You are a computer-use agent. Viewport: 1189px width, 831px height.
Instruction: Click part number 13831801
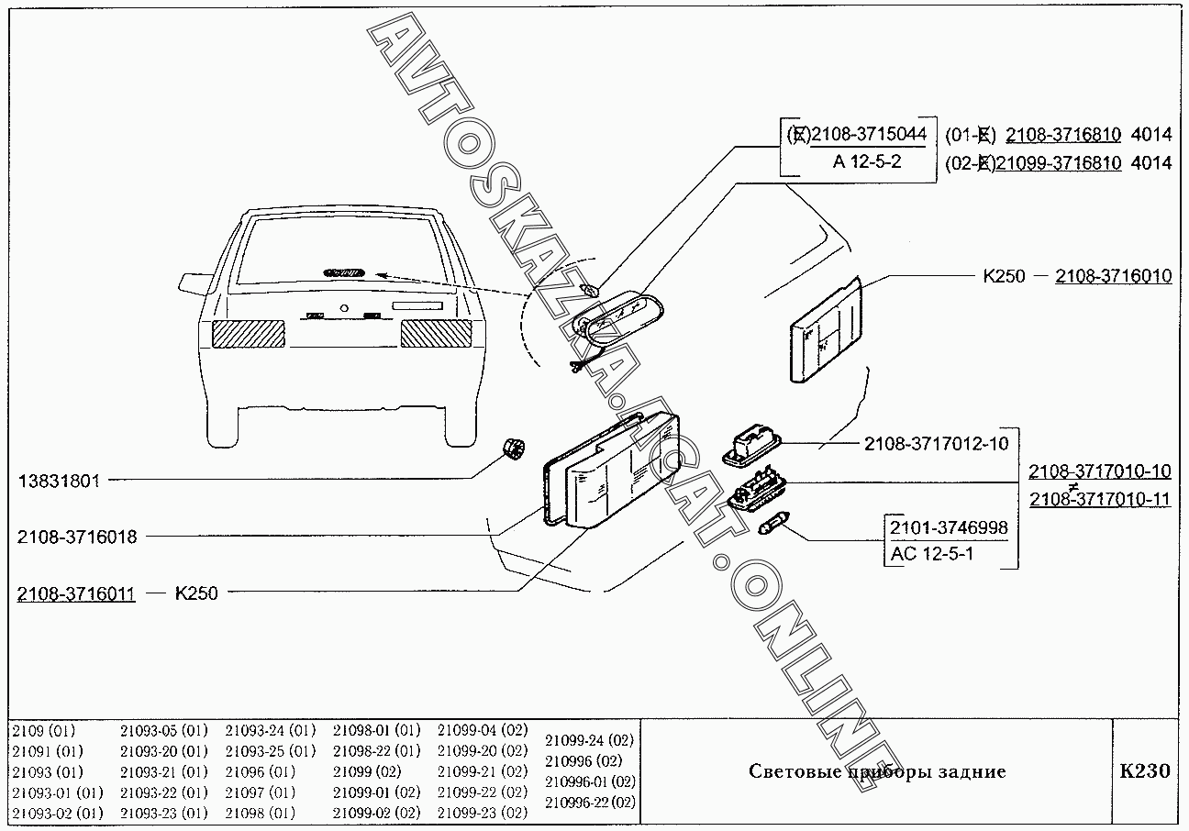point(59,480)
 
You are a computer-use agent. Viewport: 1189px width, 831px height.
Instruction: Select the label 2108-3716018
point(76,537)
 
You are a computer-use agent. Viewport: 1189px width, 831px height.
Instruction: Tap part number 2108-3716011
point(76,593)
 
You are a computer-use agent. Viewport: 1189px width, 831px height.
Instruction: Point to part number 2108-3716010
point(1113,275)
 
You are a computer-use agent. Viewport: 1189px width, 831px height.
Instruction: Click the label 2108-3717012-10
point(936,444)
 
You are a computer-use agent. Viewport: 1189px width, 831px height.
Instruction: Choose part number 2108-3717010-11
point(1099,499)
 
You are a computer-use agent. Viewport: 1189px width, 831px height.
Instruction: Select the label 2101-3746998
point(948,527)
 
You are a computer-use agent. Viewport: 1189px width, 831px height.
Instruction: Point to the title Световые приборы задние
point(876,771)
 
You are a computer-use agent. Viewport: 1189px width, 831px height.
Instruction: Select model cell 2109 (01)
point(44,731)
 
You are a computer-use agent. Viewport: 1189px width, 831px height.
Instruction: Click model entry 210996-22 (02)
point(590,802)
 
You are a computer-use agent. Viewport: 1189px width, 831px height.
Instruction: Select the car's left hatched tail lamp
point(249,333)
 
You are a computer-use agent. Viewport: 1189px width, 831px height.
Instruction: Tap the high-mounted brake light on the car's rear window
point(342,272)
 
